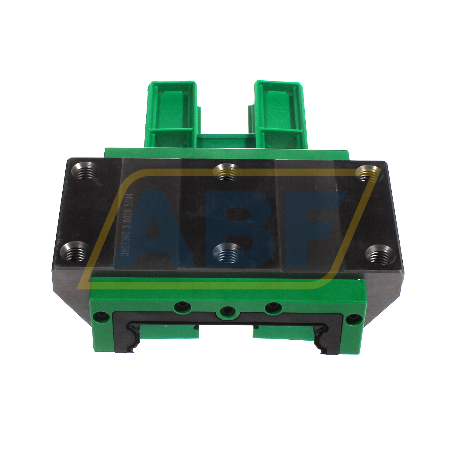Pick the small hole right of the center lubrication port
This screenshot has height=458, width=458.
(x=273, y=308)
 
